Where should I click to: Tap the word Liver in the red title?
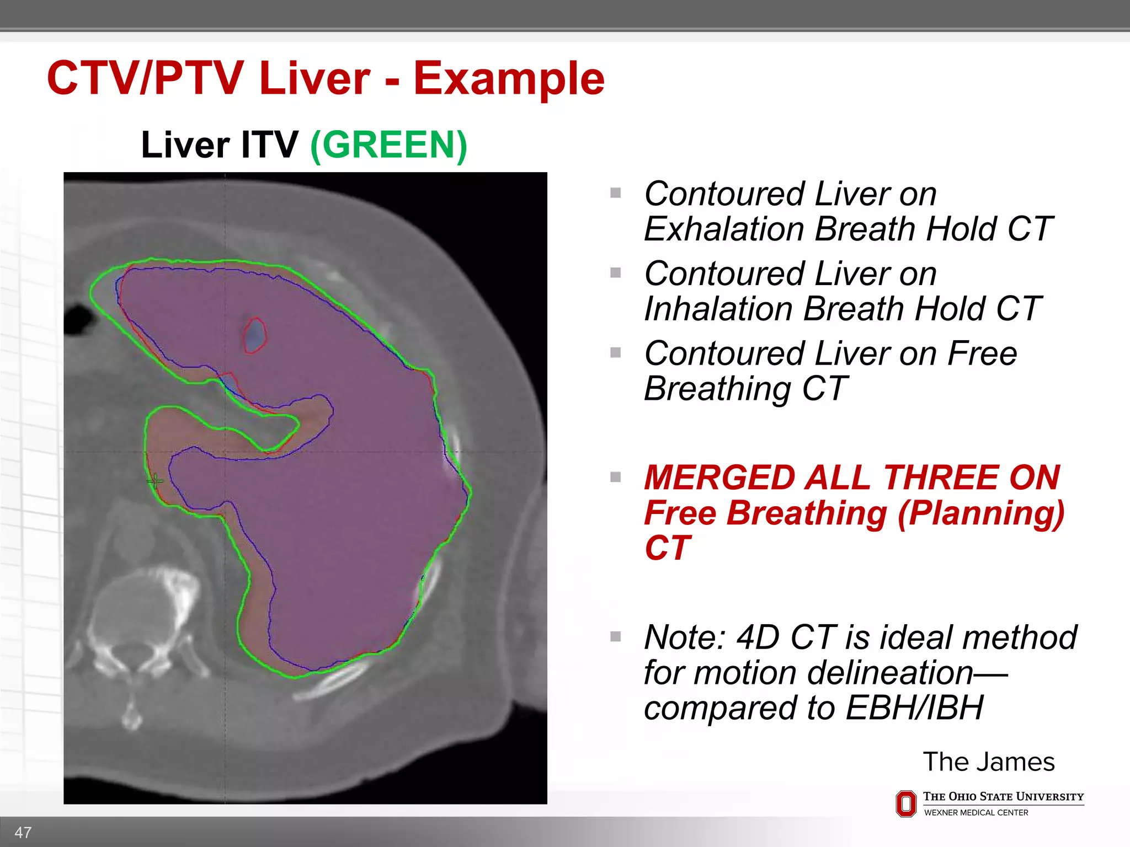(x=315, y=78)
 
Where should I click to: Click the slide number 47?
(x=23, y=832)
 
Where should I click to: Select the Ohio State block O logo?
(x=905, y=803)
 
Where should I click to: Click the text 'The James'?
(x=988, y=762)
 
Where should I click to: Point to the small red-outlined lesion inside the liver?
(x=255, y=335)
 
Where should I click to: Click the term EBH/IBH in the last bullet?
(x=914, y=708)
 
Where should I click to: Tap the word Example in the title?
(x=509, y=78)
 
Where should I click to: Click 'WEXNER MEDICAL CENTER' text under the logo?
(x=976, y=813)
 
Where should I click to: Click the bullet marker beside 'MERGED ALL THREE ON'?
(x=616, y=477)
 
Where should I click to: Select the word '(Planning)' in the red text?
(x=980, y=513)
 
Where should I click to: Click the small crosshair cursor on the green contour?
(x=155, y=481)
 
